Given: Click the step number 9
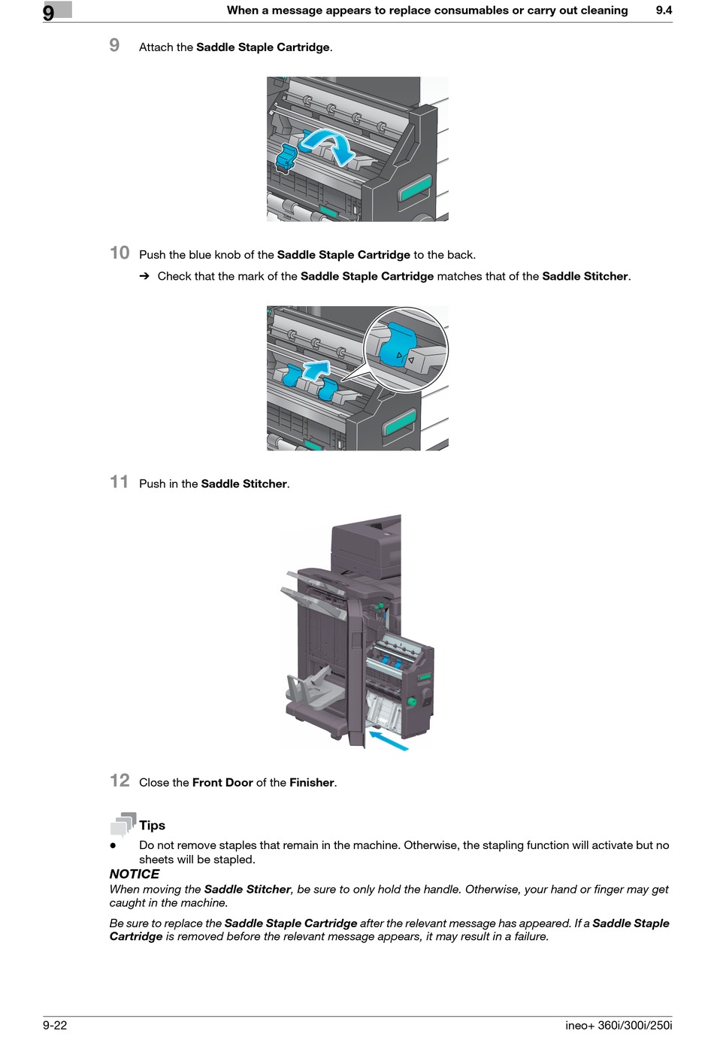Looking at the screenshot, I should coord(114,45).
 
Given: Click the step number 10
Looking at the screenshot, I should coord(120,253).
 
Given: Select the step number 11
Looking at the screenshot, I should coord(119,481).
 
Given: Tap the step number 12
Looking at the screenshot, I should coord(120,780).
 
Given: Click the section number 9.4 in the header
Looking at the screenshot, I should coord(664,11).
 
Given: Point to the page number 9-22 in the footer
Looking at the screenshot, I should coord(55,1025).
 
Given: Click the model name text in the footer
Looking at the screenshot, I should coord(619,1025).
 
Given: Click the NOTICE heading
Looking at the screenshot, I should coord(135,874).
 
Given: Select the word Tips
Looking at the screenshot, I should coord(152,825).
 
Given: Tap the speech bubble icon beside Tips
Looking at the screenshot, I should coord(123,824).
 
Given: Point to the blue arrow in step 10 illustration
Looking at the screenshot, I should coord(317,368).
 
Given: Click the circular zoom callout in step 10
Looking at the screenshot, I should coord(406,349).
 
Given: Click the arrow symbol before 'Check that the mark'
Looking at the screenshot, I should coord(144,277).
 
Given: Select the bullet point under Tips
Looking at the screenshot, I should coord(113,845).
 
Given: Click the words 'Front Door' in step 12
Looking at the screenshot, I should coord(222,782).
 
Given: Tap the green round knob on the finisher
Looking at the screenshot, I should coord(411,702).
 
